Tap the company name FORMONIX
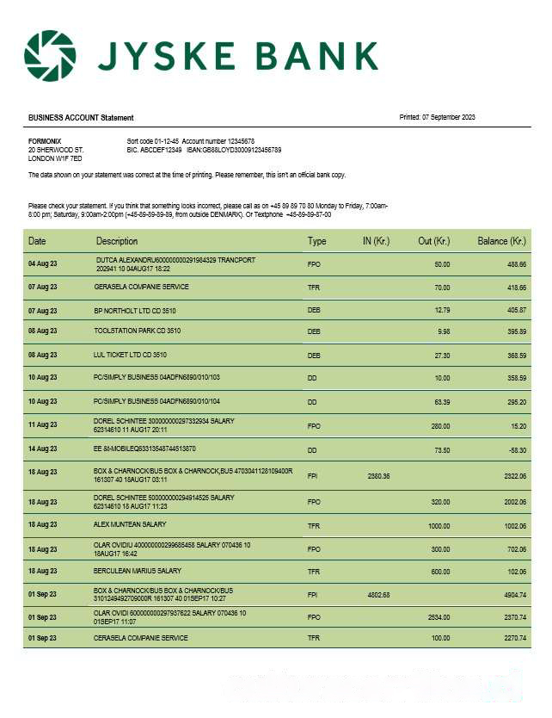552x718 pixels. pos(45,140)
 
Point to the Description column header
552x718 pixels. pos(117,241)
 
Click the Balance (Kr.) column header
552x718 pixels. pos(501,241)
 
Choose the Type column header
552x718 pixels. pos(316,241)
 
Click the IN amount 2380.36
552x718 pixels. pos(378,475)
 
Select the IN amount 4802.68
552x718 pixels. pos(378,594)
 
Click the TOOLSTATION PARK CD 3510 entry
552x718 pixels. pos(138,331)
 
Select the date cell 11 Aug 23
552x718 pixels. pos(42,425)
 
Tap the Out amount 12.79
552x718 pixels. pos(442,309)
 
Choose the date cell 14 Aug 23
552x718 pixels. pos(42,449)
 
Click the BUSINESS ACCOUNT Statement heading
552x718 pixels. pos(81,117)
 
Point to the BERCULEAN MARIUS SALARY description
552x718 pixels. pos(138,571)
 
